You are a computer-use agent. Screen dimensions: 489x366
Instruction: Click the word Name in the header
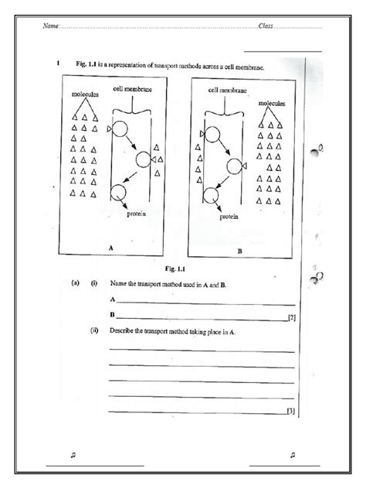click(x=50, y=27)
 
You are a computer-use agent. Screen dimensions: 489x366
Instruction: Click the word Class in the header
click(x=266, y=27)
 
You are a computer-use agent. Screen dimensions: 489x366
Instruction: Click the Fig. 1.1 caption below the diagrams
click(x=185, y=268)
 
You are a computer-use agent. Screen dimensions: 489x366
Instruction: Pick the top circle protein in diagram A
click(x=120, y=131)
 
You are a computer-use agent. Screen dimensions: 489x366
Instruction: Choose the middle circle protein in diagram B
click(x=235, y=166)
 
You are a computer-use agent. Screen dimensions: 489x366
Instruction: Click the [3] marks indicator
click(x=290, y=410)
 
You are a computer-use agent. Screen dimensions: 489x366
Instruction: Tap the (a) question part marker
click(x=74, y=284)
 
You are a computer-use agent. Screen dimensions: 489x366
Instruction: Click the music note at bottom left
click(x=72, y=455)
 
